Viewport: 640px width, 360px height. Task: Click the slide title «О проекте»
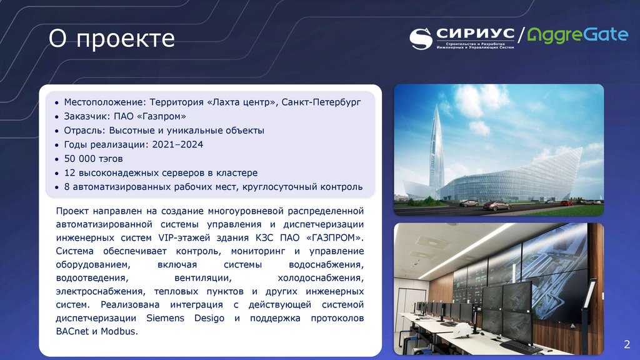[112, 39]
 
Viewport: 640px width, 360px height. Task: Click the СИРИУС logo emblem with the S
[421, 39]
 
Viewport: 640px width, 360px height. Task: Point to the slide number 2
[627, 344]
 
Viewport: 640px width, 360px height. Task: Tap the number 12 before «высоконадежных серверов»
[69, 172]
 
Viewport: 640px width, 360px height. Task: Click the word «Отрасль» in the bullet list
[84, 131]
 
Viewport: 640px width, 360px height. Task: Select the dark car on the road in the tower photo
[496, 205]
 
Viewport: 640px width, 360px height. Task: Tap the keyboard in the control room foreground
[521, 346]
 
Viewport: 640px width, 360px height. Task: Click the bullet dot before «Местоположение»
[57, 102]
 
